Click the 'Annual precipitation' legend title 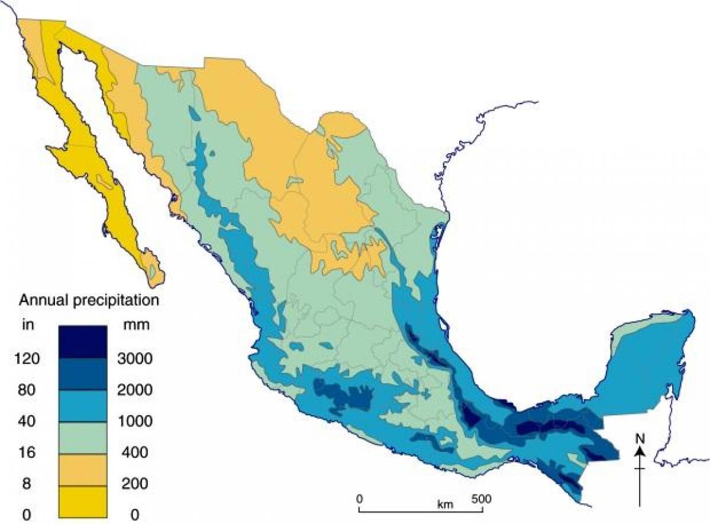point(89,300)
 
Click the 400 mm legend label point(135,452)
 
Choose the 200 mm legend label point(135,484)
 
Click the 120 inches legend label point(28,359)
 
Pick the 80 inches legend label point(28,390)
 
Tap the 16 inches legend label point(28,452)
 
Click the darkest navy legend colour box point(82,342)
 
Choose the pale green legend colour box point(82,437)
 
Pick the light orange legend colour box point(82,470)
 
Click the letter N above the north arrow point(639,438)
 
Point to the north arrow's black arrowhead point(640,451)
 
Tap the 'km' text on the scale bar point(445,504)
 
